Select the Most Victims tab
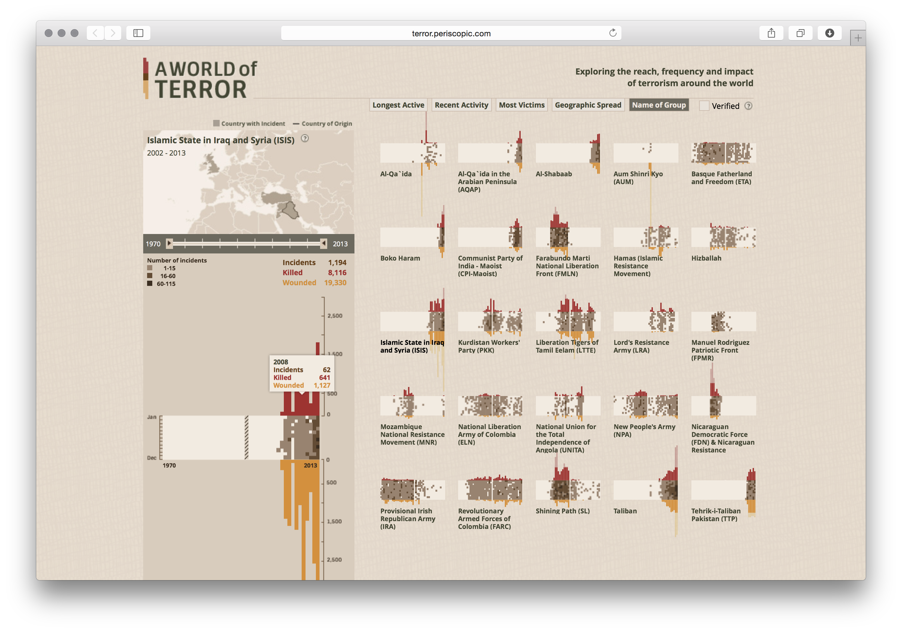tap(521, 105)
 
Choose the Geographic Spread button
tap(588, 105)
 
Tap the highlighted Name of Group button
tap(658, 105)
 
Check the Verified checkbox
tap(704, 106)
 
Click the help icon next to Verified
tap(748, 106)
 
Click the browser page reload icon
tap(612, 33)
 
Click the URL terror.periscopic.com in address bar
tap(451, 33)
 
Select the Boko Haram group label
tap(400, 258)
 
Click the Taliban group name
tap(625, 511)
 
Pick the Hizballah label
tap(706, 258)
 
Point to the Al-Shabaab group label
tap(553, 174)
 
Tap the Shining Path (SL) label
tap(562, 511)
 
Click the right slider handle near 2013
tap(323, 243)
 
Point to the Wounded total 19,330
tap(335, 283)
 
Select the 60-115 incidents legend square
tap(150, 283)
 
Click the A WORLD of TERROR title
tap(205, 79)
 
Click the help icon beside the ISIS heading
tap(305, 138)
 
